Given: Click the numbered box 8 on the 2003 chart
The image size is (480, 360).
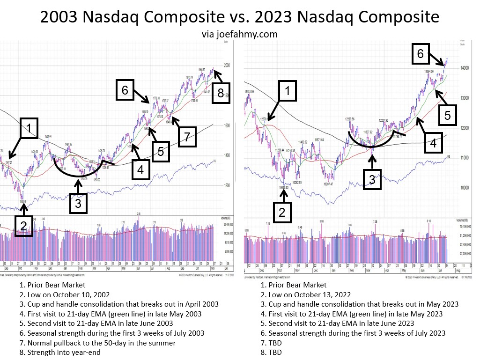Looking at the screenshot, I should (x=221, y=93).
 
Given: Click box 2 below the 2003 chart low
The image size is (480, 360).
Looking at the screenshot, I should (x=23, y=227).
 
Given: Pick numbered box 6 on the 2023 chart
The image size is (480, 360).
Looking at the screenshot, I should (x=420, y=54).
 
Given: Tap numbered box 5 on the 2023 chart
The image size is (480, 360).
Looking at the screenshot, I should (x=447, y=116).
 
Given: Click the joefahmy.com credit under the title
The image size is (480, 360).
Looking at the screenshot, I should (x=240, y=34).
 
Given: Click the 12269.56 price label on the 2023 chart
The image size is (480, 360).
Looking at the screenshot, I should (x=353, y=119).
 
